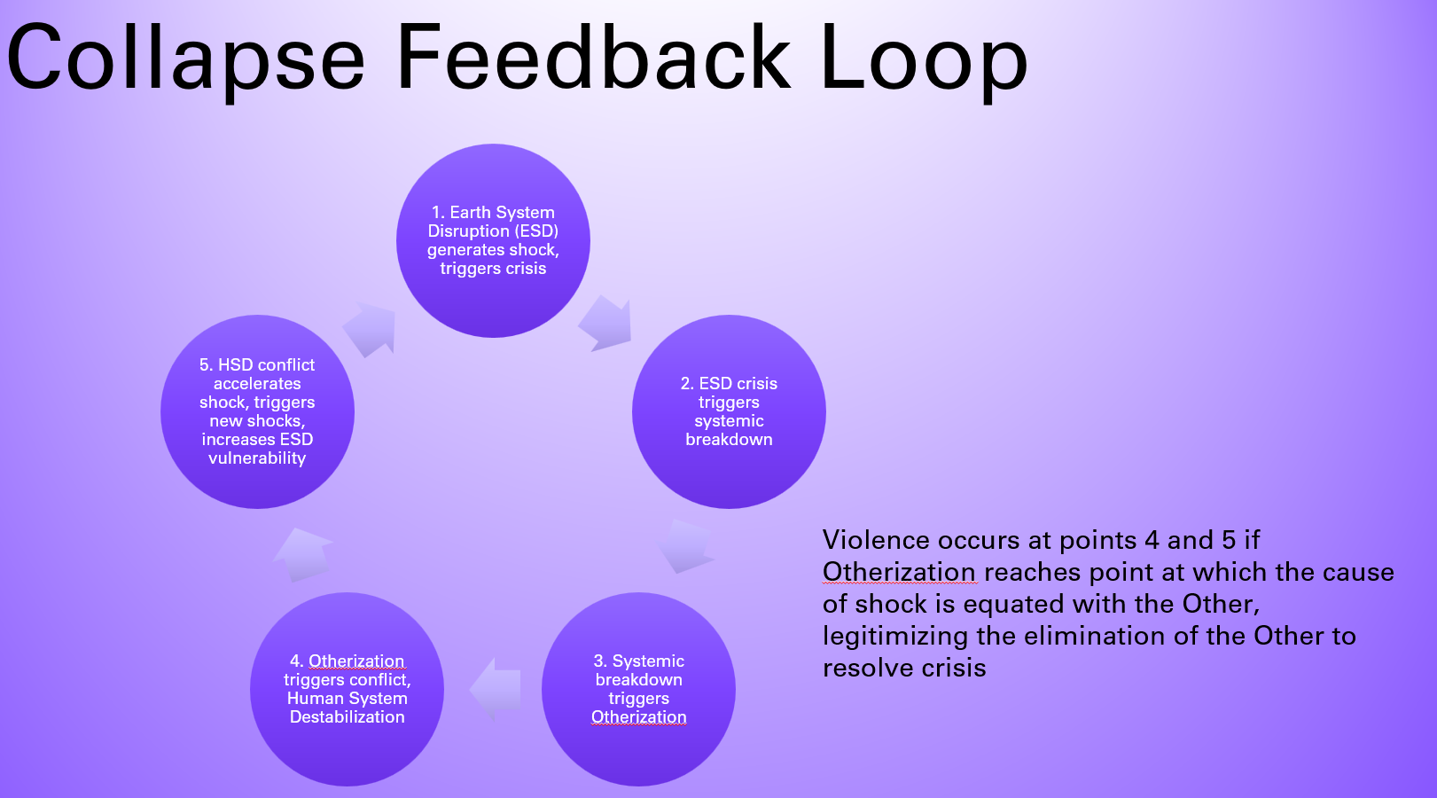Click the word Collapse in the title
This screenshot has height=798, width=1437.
[185, 59]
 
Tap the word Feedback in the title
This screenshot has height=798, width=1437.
[593, 58]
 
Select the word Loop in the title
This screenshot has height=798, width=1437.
[923, 59]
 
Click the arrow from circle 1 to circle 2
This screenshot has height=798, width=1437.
[607, 323]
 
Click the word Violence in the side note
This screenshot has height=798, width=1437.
[876, 540]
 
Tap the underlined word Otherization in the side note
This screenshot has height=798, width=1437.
[899, 572]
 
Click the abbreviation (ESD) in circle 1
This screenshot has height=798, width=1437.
[536, 231]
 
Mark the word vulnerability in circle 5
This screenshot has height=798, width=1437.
[257, 458]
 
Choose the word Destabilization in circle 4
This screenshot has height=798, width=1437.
[348, 717]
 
